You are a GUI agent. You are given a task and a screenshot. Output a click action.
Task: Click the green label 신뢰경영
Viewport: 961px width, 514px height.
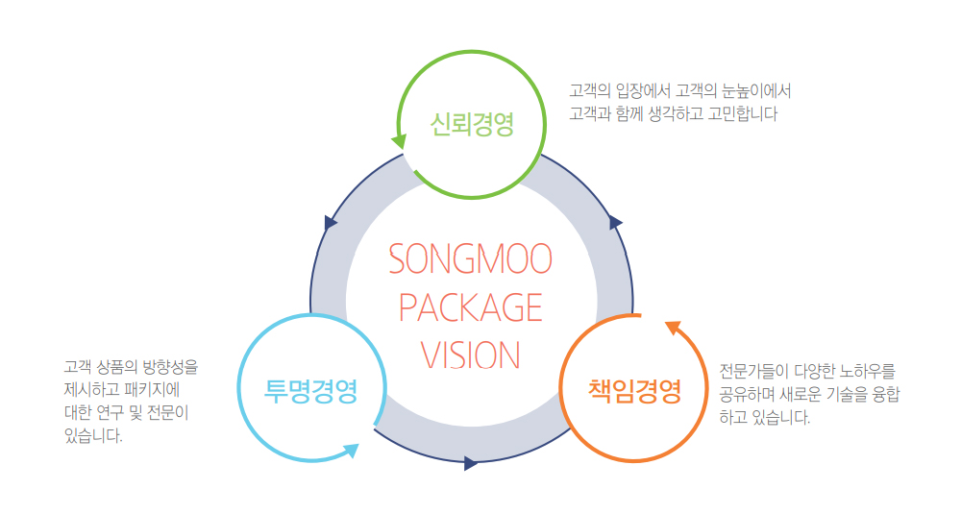point(472,124)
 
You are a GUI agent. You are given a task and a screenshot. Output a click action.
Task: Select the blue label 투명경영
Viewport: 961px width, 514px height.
point(311,391)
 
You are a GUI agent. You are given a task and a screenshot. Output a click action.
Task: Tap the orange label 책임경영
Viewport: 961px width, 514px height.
point(634,391)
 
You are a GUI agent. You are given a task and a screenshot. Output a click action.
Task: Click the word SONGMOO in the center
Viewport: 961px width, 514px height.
point(471,258)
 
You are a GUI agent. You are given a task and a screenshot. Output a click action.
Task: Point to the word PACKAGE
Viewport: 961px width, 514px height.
point(471,307)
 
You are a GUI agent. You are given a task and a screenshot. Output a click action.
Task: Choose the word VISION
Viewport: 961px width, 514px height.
point(471,355)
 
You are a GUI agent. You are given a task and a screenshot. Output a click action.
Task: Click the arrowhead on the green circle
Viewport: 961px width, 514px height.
point(399,140)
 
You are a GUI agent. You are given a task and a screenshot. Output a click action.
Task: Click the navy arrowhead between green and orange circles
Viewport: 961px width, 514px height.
point(616,223)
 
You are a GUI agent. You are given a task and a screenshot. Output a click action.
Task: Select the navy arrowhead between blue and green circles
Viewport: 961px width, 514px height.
point(332,222)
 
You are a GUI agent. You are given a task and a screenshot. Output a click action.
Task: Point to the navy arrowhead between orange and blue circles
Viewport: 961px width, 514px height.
point(470,463)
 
